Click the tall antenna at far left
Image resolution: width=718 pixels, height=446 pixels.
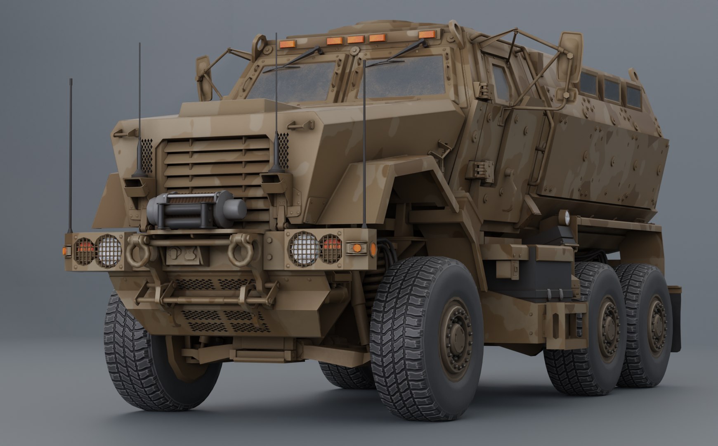[x=71, y=157]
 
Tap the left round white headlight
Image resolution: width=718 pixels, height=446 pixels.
[x=109, y=251]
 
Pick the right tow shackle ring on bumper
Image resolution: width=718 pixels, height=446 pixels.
[x=241, y=251]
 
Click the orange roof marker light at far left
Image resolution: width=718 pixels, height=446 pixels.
[x=285, y=44]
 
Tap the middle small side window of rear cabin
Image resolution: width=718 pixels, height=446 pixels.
[x=612, y=89]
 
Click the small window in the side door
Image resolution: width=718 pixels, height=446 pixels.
[x=501, y=85]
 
